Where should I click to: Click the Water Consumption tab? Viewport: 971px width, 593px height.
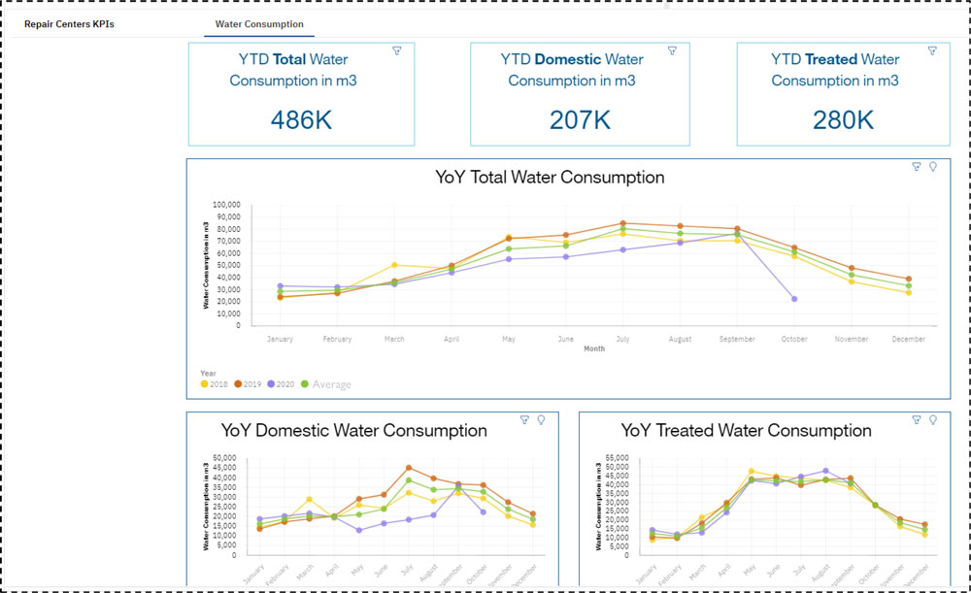coord(259,24)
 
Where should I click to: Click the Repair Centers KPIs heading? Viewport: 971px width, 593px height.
coord(69,24)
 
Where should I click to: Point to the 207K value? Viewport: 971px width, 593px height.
coord(580,120)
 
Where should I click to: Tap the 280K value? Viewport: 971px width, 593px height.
coord(843,120)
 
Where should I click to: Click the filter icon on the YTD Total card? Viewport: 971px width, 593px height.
coord(397,50)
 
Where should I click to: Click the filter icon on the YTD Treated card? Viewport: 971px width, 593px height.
coord(932,50)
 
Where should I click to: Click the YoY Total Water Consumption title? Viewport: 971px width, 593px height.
coord(551,178)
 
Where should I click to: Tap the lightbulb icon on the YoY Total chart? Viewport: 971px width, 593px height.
coord(933,167)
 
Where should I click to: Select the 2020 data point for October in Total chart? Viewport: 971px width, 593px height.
coord(794,299)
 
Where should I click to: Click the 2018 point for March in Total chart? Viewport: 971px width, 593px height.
coord(393,265)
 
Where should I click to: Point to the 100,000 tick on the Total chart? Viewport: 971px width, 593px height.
coord(225,205)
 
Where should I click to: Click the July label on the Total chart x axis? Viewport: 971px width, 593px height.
coord(623,340)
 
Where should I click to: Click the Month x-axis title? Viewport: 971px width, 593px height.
coord(593,348)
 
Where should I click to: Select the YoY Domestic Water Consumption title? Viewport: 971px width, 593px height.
coord(354,430)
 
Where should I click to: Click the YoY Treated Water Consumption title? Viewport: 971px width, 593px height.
coord(747,430)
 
